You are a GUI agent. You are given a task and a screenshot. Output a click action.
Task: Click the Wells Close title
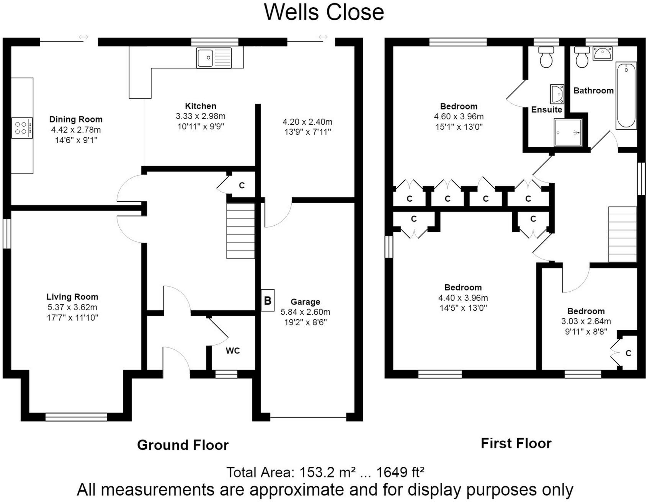point(324,12)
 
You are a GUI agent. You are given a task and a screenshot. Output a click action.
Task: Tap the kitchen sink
point(214,58)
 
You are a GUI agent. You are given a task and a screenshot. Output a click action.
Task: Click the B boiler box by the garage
point(268,300)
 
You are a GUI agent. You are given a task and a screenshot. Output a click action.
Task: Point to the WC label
point(233,350)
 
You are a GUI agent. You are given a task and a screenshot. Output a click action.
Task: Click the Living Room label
point(72,297)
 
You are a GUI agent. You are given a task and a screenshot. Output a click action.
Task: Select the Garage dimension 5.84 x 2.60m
point(305,312)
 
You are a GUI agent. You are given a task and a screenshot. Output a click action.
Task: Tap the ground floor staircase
point(240,231)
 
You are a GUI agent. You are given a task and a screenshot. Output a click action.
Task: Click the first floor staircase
point(622,234)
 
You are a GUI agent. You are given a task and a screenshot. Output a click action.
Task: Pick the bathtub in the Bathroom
point(626,96)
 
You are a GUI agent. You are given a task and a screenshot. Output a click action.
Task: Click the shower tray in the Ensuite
point(568,132)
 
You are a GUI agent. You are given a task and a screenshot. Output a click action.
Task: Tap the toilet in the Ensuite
point(545,57)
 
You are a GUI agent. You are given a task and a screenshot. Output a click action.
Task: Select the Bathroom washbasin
point(603,54)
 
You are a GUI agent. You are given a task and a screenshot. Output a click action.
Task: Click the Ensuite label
point(546,110)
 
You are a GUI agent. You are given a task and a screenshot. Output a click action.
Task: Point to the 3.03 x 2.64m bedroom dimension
point(586,321)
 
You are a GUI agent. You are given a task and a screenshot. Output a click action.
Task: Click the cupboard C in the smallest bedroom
point(628,353)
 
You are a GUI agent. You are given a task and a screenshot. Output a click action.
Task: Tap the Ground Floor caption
point(183,445)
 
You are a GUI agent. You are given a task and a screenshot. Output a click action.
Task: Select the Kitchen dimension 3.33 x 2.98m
point(201,116)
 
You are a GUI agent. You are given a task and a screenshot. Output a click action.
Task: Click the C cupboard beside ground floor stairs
point(242,186)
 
